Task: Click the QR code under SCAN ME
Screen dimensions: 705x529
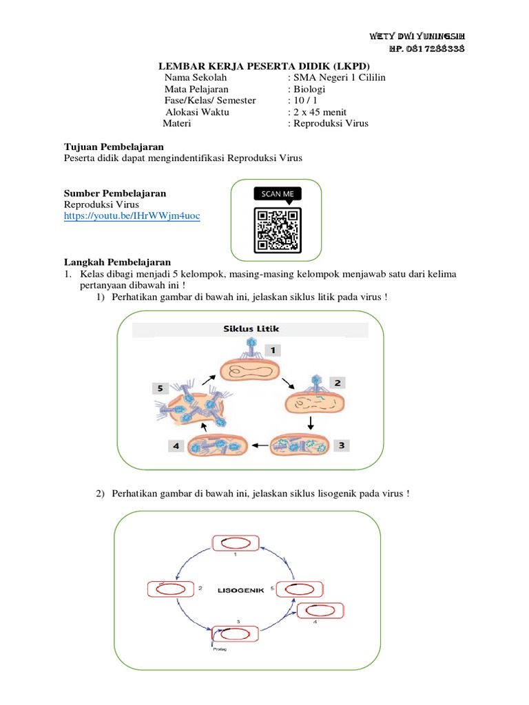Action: (x=278, y=229)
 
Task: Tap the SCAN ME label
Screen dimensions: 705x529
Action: (x=277, y=194)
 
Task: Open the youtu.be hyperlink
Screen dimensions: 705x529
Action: (x=132, y=216)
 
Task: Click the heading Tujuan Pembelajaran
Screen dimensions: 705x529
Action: (x=114, y=147)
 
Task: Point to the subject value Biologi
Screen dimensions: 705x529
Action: (x=310, y=90)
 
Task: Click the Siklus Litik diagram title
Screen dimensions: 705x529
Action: (x=250, y=329)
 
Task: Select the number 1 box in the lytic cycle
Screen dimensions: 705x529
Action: (x=273, y=350)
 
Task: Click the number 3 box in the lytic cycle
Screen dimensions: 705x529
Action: (x=340, y=445)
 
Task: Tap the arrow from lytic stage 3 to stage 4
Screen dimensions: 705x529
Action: (x=258, y=445)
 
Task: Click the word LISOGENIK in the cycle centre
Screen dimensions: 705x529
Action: (x=242, y=590)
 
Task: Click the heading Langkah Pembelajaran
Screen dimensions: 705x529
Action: (x=117, y=262)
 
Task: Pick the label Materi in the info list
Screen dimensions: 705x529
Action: (x=177, y=124)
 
